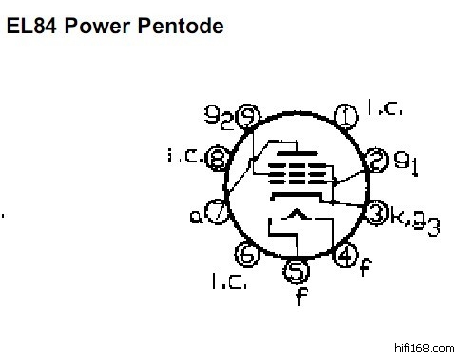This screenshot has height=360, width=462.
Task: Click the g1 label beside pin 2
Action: (x=406, y=163)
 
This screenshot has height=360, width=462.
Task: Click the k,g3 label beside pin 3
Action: (x=415, y=220)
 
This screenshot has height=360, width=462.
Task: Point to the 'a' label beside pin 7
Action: (x=196, y=217)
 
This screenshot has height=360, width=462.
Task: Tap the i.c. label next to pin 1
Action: (x=385, y=107)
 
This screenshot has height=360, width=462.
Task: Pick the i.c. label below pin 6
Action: (x=229, y=281)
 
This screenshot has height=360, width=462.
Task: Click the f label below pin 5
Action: (x=302, y=295)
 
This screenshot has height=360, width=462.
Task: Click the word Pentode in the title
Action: (x=181, y=26)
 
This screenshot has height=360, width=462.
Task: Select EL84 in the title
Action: (x=31, y=26)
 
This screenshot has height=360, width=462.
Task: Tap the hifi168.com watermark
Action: (x=425, y=349)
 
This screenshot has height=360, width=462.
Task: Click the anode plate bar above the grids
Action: (x=297, y=154)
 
